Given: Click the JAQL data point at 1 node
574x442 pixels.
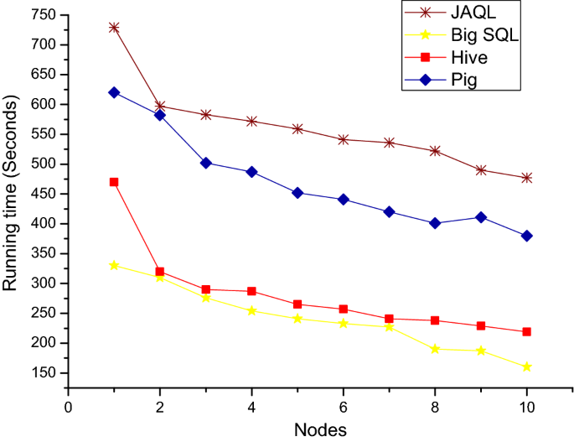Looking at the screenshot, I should pos(114,28).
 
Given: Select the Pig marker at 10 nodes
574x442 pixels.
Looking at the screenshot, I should pos(527,236).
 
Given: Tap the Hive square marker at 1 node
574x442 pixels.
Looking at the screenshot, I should pos(114,182).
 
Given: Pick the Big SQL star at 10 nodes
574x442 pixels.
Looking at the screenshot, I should pos(527,367).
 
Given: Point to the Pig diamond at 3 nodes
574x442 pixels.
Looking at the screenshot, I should pos(206,163).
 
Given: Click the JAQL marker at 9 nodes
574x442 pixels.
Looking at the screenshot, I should pos(481,169).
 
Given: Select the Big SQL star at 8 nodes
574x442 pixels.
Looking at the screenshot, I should pos(435,349).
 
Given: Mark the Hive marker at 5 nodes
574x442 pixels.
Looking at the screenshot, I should pos(297,304).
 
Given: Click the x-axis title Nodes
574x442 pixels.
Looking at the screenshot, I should pos(320,430).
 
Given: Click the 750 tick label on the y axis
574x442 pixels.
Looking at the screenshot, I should pos(44,15).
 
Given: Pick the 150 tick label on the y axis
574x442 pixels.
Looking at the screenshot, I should pos(44,373).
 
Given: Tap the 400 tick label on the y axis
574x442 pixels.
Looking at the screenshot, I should pos(44,224).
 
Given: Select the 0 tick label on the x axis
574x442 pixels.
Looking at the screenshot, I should pos(68,406).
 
